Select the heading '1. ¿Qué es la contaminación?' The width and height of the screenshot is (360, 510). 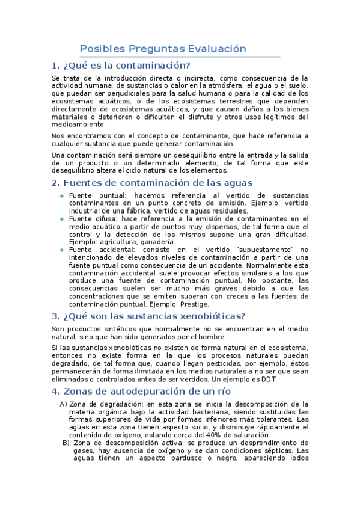pyautogui.click(x=121, y=66)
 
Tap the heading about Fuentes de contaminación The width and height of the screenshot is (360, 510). pyautogui.click(x=152, y=182)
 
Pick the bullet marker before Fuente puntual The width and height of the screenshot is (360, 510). pyautogui.click(x=62, y=196)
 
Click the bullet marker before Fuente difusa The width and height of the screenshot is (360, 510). pyautogui.click(x=62, y=219)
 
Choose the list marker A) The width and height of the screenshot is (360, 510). pyautogui.click(x=64, y=404)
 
